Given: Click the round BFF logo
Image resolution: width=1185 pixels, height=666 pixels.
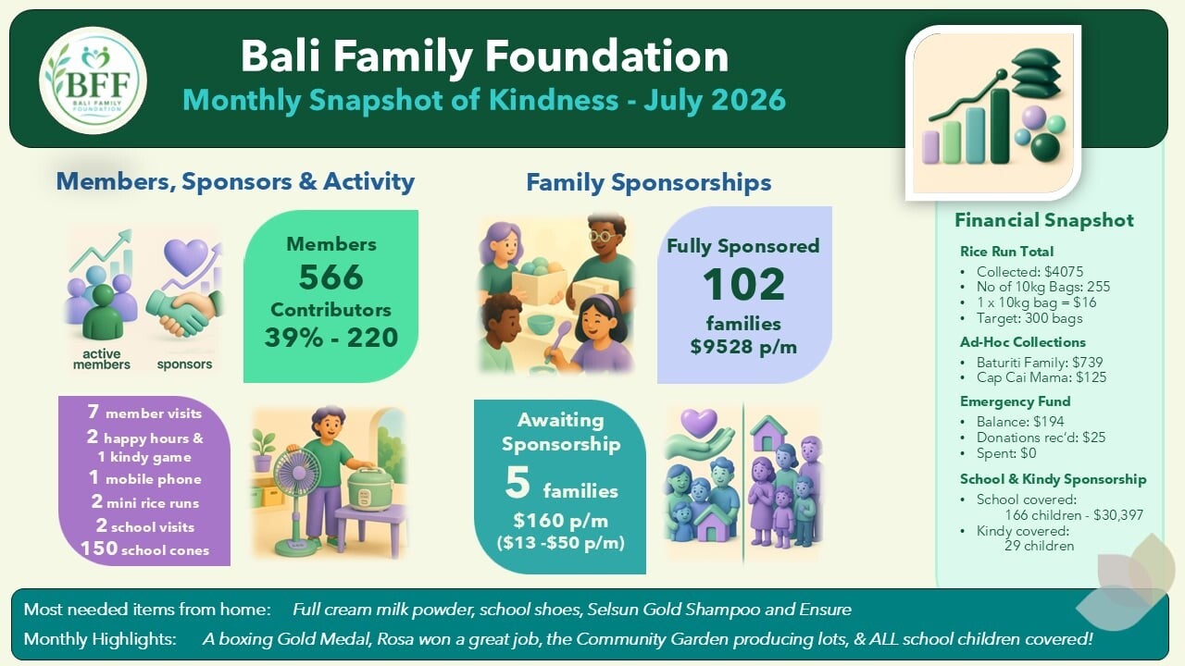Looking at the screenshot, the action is coord(94,80).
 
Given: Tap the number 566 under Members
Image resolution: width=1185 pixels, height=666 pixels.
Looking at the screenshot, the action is coord(331,277).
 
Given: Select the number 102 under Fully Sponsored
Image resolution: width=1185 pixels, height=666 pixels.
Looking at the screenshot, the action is coord(743,284).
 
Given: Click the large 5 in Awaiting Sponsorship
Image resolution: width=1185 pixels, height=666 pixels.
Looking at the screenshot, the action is coord(517,483).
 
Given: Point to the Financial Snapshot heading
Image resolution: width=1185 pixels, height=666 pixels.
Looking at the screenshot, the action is coord(1043,220).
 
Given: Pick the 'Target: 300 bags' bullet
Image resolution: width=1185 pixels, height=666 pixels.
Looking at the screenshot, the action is coord(1029,318).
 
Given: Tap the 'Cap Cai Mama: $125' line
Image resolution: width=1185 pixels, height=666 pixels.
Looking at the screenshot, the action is coord(1042,377).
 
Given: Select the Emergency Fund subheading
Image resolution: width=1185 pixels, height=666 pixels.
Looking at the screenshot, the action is coord(1016,401).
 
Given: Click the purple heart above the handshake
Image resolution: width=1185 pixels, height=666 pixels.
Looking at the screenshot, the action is coord(186,256).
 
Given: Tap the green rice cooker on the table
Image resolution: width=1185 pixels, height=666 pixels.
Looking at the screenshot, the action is coord(369,488).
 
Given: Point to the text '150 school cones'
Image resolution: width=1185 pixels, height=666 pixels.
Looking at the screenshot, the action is coord(145,549).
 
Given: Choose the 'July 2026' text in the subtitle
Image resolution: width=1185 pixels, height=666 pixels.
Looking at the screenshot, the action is coord(714,99).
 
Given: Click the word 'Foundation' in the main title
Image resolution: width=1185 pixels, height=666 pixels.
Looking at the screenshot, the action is coord(607,56).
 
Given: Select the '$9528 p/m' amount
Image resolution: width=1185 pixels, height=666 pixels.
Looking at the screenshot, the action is coord(743,347).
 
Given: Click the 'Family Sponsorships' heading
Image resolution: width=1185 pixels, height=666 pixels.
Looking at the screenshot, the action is coord(649,183).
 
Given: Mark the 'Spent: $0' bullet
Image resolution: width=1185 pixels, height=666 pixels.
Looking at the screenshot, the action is coord(1006,453).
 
